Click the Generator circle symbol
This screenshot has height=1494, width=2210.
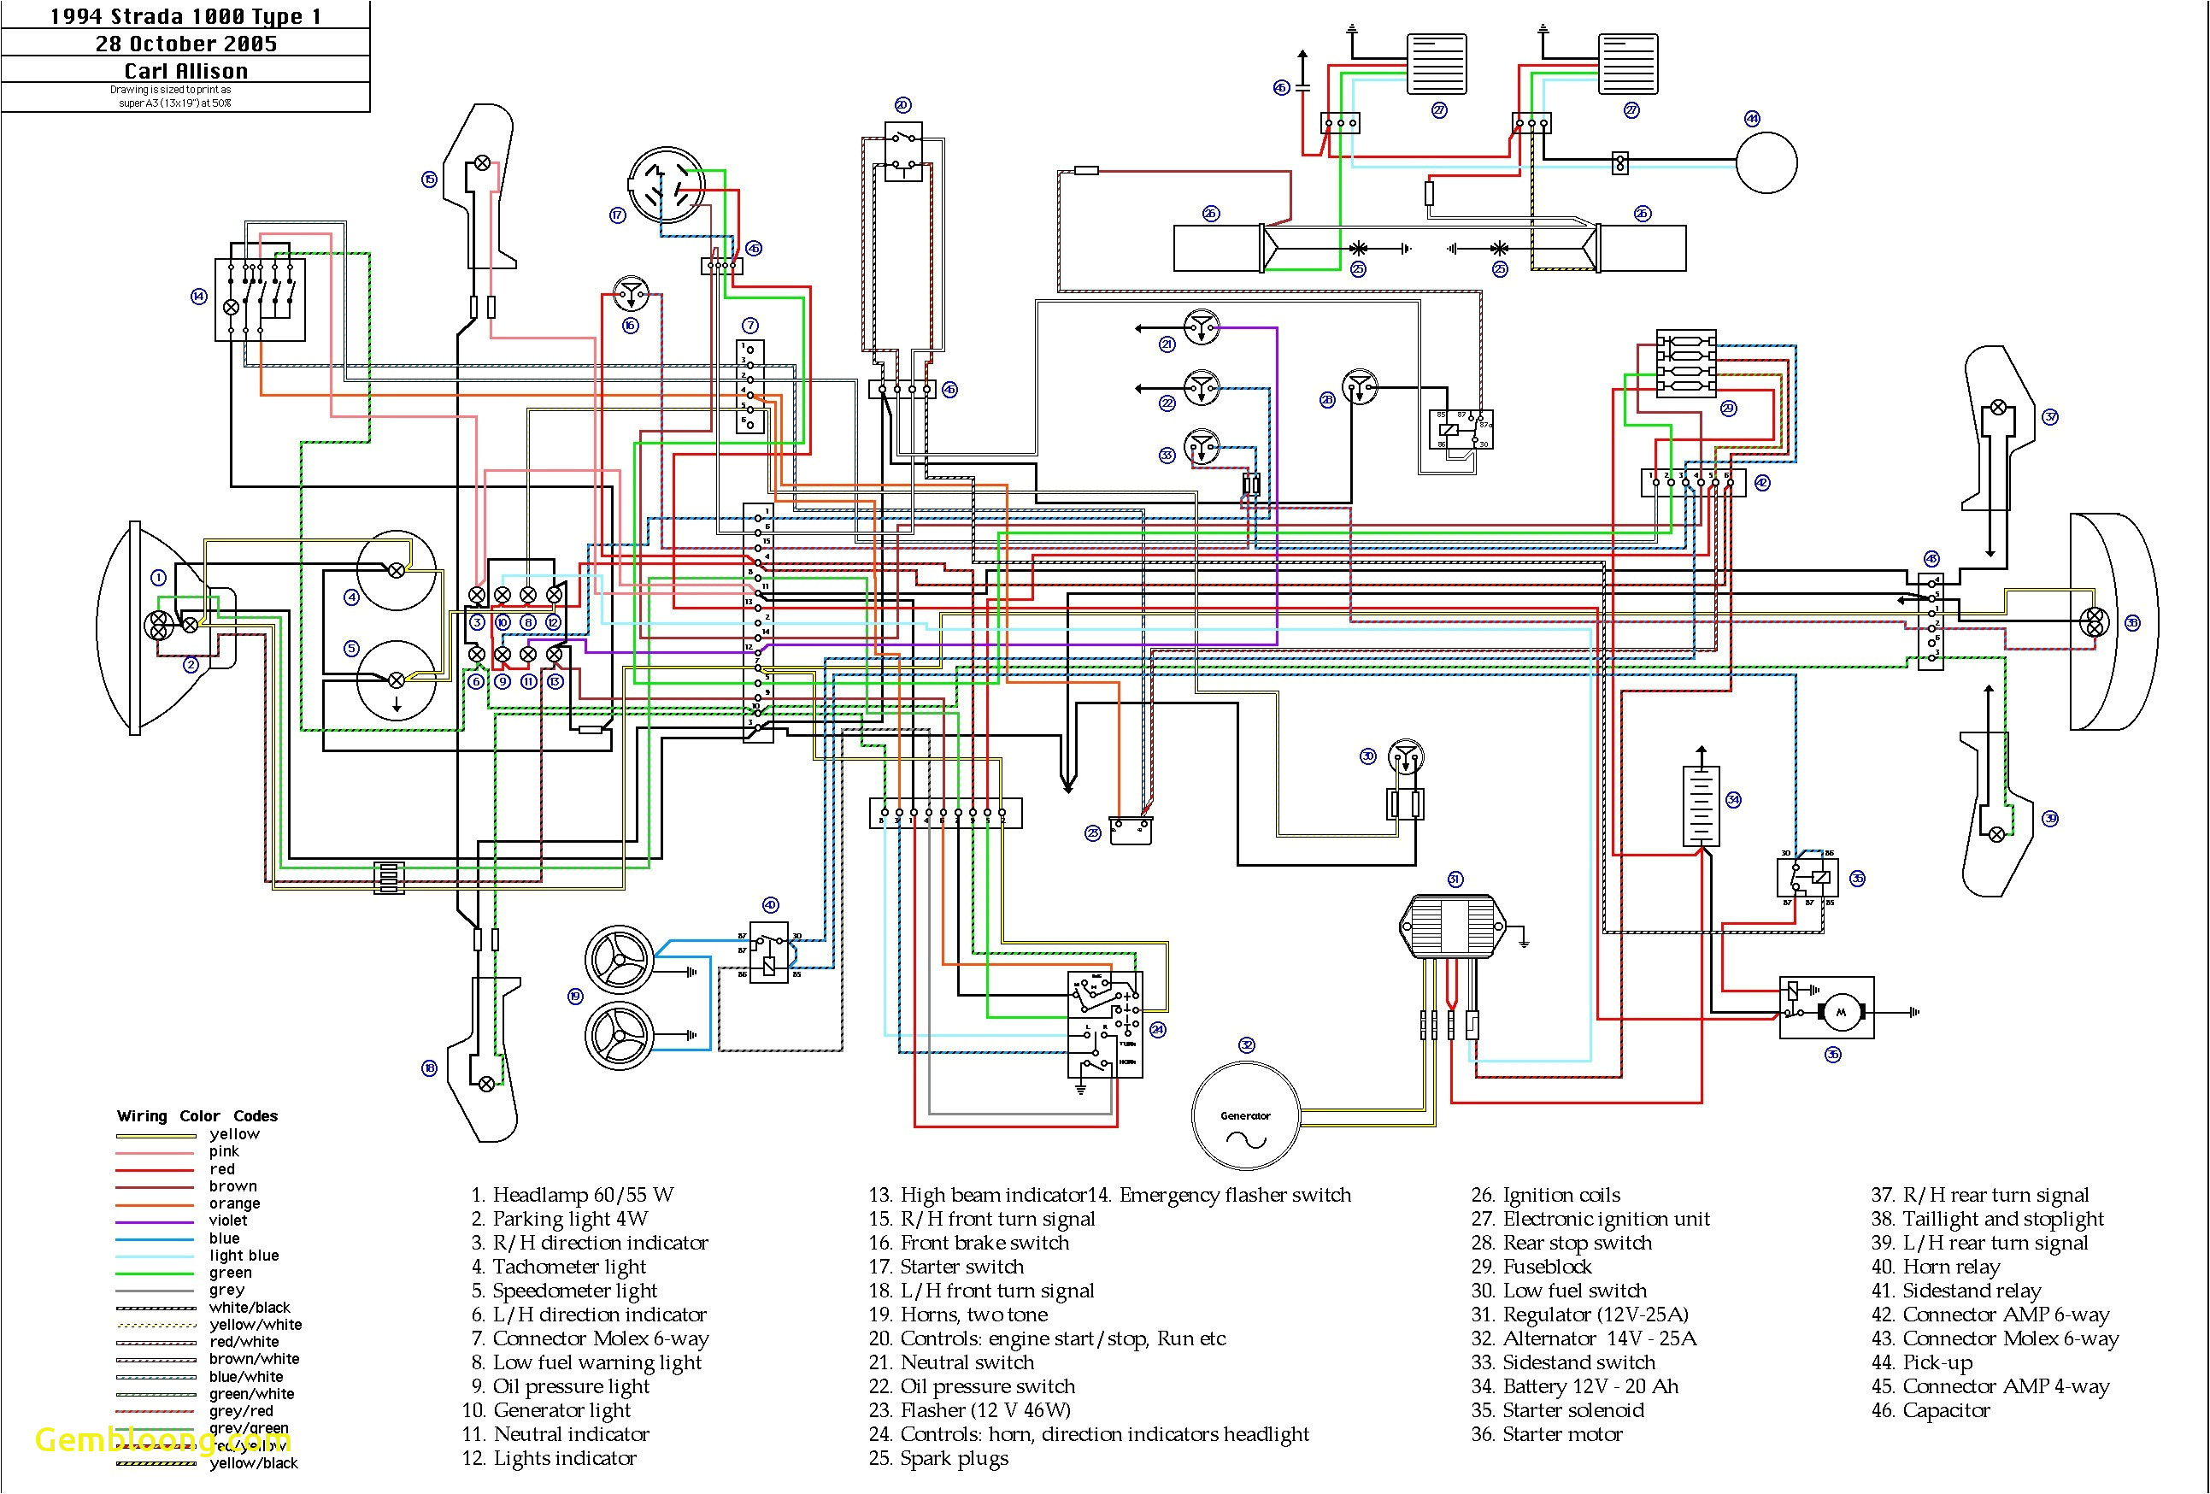tap(1245, 1115)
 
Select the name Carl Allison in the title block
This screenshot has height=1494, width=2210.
tap(186, 71)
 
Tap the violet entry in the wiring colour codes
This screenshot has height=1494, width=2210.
tap(227, 1220)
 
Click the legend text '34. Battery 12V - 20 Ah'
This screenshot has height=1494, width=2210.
tap(1574, 1386)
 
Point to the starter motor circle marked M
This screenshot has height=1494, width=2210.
tap(1840, 1012)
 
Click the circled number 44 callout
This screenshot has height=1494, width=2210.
tap(1752, 119)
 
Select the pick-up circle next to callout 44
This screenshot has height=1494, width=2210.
tap(1766, 163)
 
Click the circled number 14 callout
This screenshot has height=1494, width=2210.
tap(199, 297)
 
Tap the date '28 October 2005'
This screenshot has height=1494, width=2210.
tap(186, 44)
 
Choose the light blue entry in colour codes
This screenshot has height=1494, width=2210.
tap(244, 1256)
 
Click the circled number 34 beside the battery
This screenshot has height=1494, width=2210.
tap(1732, 800)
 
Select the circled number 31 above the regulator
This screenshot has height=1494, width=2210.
tap(1455, 879)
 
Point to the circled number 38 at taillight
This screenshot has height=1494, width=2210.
tap(2132, 623)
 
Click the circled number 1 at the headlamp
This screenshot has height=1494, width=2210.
tap(159, 577)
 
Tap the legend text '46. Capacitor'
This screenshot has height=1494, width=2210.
tap(1930, 1410)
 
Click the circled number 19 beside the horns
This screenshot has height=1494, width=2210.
tap(574, 997)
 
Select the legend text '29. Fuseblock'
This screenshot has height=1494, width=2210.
tap(1531, 1267)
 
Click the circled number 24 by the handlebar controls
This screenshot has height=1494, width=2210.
tap(1157, 1030)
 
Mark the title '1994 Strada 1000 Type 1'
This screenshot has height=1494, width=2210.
tap(186, 16)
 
